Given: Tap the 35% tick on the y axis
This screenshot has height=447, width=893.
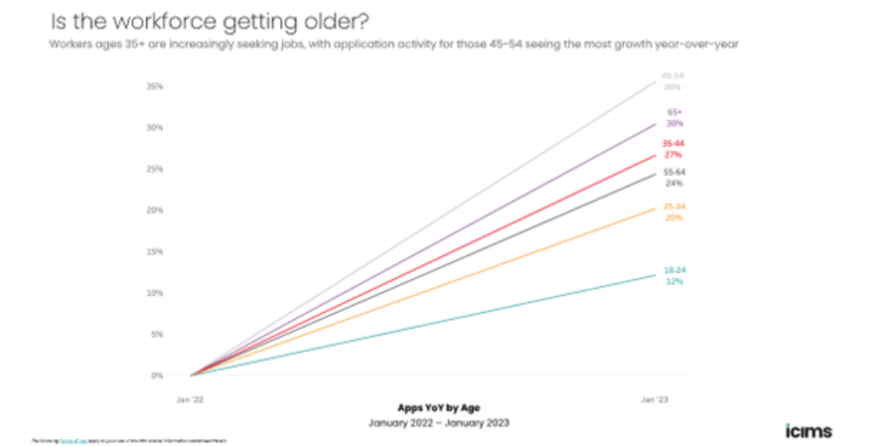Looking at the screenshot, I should coord(155,87).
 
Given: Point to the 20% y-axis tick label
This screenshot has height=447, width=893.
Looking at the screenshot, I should coord(155,210).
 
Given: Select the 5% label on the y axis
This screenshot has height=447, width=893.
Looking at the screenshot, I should coord(157,334).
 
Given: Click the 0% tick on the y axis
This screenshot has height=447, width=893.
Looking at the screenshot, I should coord(157,375).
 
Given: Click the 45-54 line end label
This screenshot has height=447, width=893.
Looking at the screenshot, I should coord(673,76).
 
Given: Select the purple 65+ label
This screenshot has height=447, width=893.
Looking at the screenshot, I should coord(675,113).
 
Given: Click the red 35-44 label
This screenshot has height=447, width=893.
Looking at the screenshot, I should coord(674,143).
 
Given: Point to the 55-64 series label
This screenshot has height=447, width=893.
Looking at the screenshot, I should coord(674,172).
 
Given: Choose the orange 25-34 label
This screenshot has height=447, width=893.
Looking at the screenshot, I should coord(674,207).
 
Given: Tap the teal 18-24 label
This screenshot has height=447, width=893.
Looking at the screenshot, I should coord(674,270).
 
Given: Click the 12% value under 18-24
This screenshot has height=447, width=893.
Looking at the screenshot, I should coord(674,282).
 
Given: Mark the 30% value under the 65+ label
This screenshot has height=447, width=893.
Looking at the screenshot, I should coord(675,124).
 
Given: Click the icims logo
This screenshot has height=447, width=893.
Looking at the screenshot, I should coord(808,431).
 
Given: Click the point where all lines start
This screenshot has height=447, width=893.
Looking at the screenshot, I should coord(191,375).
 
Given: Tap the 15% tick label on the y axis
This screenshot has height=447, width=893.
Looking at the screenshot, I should coord(155,251).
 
